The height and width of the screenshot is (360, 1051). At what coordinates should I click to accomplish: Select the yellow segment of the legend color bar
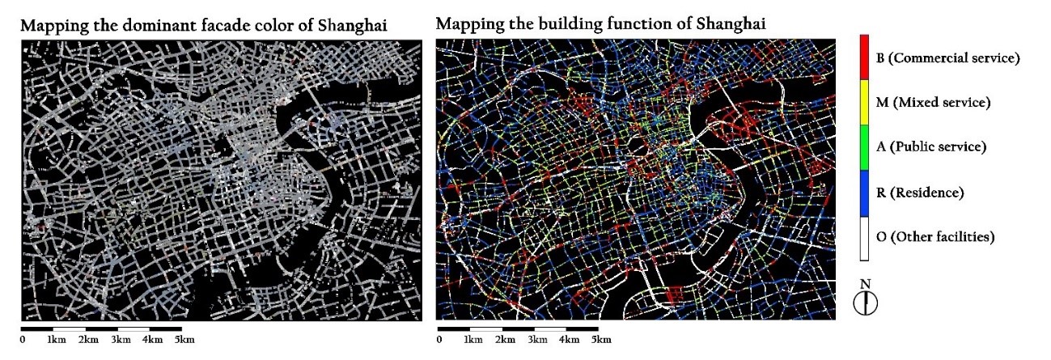coord(864,102)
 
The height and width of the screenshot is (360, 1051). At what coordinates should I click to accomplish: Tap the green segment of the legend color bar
coord(864,147)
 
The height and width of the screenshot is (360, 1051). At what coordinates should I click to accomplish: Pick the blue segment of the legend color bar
coord(864,193)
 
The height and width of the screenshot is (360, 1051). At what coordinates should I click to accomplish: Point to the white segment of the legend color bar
coord(864,238)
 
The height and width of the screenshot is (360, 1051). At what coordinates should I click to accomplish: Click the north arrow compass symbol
coord(865,302)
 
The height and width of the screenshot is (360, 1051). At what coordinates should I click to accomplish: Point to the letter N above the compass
coord(865,284)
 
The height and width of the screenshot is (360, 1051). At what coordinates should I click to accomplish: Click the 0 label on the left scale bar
coord(23,339)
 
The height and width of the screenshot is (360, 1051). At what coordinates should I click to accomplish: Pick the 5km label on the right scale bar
coord(600,340)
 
